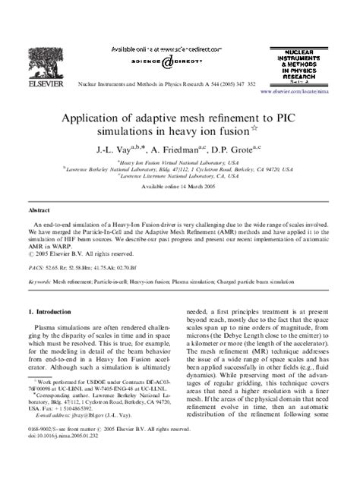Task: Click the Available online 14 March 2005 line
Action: [x=180, y=186]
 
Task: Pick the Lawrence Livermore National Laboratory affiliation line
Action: [x=180, y=176]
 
